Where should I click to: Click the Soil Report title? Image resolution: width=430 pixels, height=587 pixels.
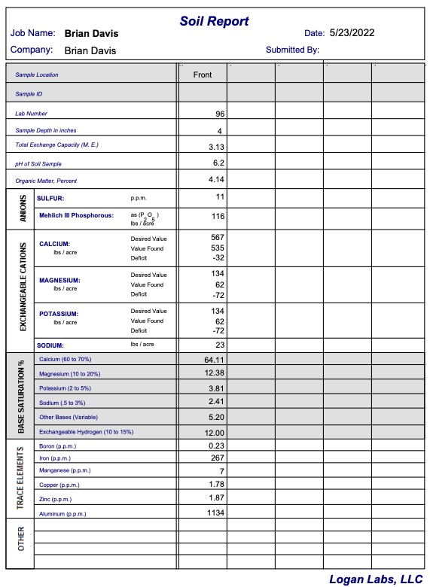click(214, 21)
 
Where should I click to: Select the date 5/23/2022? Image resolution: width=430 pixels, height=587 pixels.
click(352, 33)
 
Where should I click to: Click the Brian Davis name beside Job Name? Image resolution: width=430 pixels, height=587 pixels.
click(91, 34)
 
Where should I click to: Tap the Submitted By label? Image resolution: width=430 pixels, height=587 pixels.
click(292, 50)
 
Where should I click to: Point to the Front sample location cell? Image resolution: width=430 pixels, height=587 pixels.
click(202, 75)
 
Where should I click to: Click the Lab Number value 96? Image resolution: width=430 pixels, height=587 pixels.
click(220, 114)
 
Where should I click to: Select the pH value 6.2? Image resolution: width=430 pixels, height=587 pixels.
click(218, 163)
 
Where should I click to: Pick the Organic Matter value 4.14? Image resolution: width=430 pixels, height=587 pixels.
click(217, 180)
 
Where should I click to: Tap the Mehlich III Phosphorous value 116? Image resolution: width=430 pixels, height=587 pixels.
click(218, 217)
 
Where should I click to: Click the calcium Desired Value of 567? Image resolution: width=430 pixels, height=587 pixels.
click(218, 238)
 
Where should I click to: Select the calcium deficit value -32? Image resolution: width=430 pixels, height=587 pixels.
click(218, 257)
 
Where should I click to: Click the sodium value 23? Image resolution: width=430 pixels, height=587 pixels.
click(220, 345)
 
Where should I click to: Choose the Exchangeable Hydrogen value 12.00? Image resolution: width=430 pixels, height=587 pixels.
click(215, 433)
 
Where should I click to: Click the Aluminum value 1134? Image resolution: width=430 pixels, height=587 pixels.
click(216, 513)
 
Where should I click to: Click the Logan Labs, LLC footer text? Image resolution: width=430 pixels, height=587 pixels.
click(376, 578)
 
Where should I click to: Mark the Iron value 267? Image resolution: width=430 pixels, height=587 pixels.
click(218, 458)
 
